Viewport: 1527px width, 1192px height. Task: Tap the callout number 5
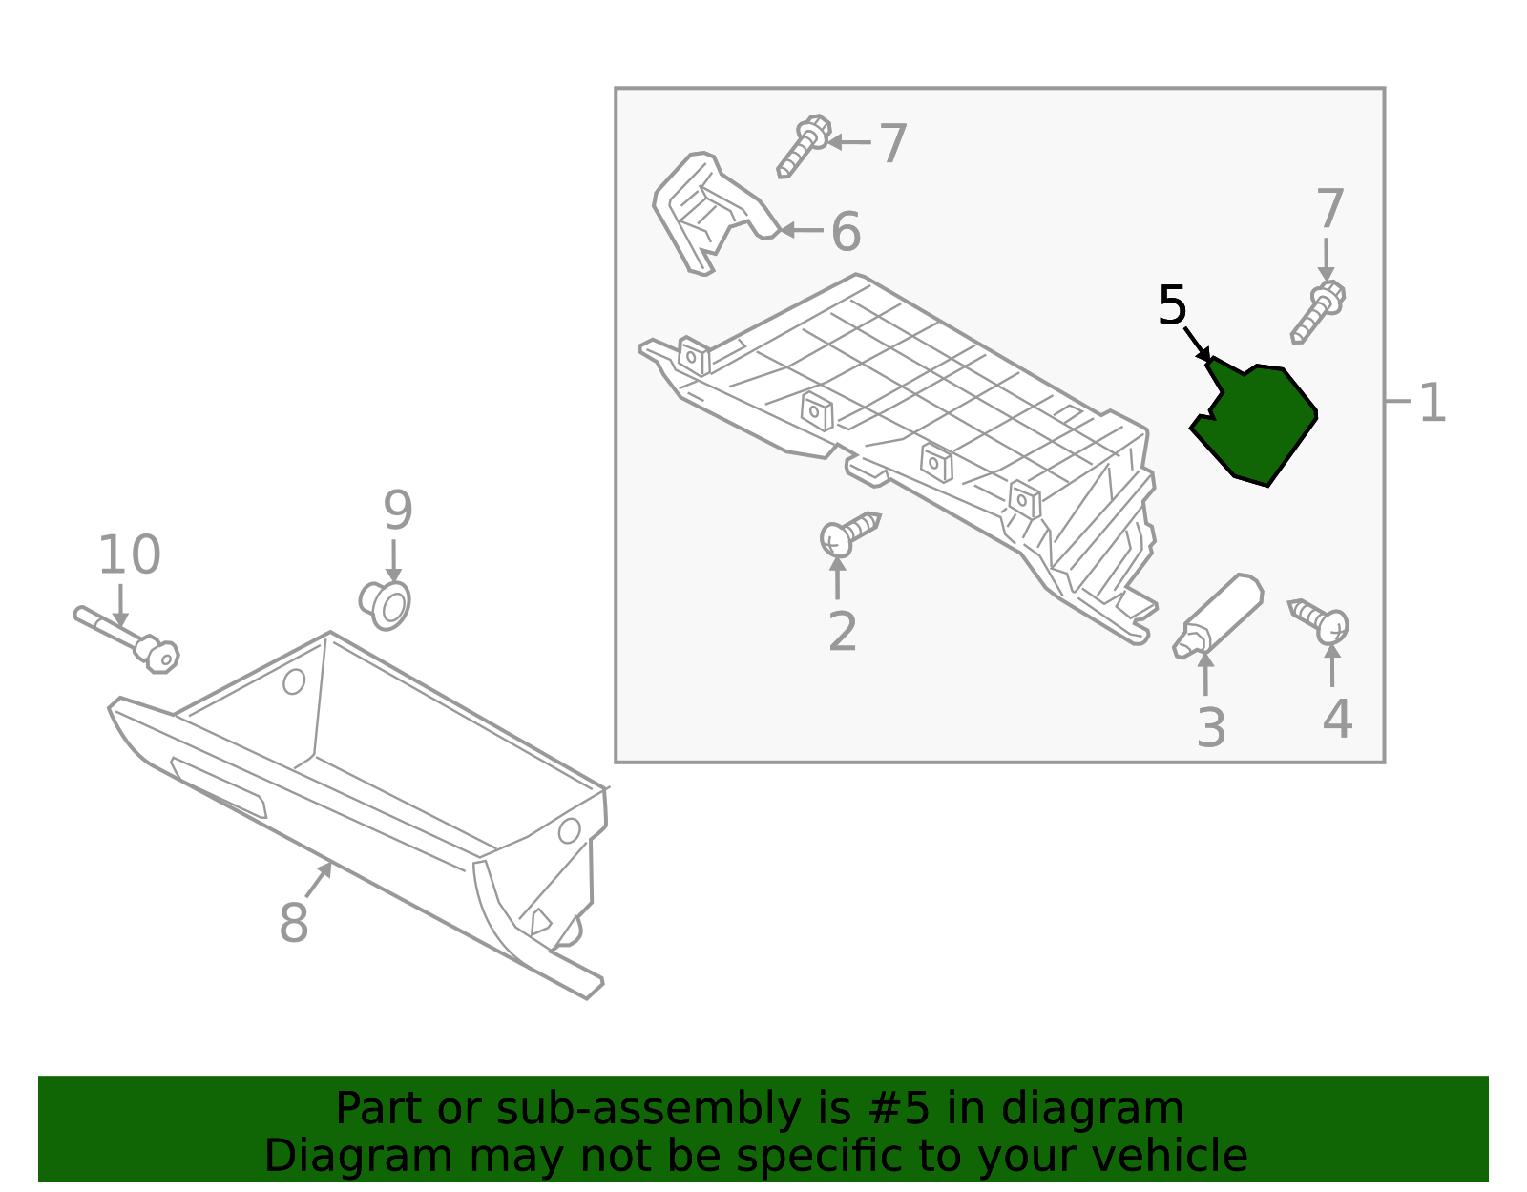[x=1172, y=305]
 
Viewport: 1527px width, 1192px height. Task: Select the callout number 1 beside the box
[x=1433, y=403]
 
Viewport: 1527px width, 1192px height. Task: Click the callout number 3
[x=1211, y=728]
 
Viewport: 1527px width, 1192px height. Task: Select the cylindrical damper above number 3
[x=1219, y=616]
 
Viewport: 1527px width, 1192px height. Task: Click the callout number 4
[x=1336, y=720]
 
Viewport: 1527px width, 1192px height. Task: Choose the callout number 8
[x=293, y=922]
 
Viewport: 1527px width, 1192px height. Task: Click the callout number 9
[x=397, y=510]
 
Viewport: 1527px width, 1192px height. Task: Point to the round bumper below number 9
[x=385, y=605]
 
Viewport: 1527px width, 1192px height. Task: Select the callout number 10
[x=129, y=554]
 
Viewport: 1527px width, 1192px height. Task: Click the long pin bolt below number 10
[x=127, y=639]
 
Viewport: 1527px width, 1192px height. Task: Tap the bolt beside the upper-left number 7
[x=804, y=146]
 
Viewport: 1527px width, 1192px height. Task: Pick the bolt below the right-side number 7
[x=1318, y=312]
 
